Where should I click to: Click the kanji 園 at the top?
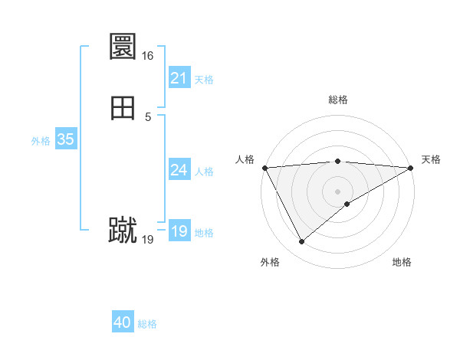123,47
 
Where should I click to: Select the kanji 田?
123,108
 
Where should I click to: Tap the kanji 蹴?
123,231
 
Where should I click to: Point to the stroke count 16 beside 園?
147,56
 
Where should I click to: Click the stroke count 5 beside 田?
148,116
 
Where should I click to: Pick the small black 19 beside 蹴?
148,240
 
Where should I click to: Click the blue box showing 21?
179,78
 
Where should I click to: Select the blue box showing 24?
179,170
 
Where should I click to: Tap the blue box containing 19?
179,231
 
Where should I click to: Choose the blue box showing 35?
65,139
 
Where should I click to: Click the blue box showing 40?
123,322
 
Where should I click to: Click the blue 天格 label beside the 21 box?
204,79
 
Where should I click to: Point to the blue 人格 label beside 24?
204,172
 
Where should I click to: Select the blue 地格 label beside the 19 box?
204,233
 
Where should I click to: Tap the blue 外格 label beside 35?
41,141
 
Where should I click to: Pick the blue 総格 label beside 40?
147,324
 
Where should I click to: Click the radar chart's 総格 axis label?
338,100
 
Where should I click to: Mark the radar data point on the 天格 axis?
411,168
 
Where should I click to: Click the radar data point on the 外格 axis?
301,242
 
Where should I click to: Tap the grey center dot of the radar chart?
338,191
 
